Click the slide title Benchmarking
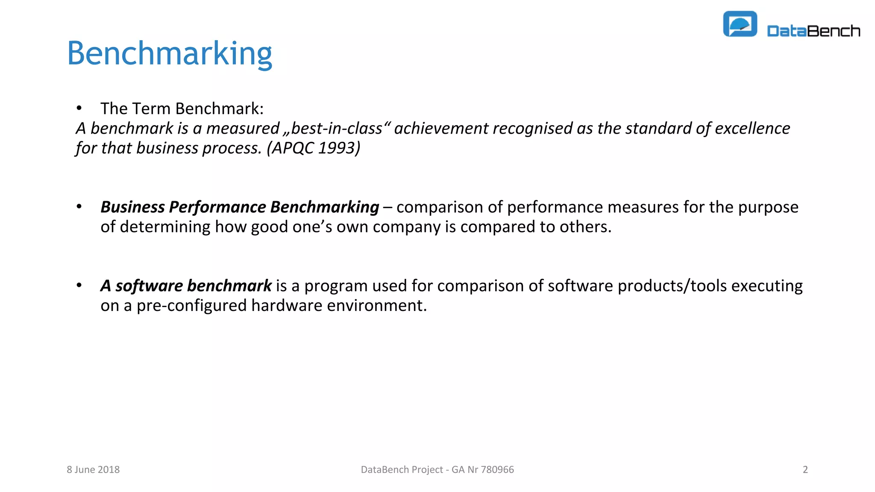point(170,53)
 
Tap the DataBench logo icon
point(740,24)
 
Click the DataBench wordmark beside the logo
point(813,31)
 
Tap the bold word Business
point(132,207)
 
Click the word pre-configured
point(192,305)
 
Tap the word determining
point(165,227)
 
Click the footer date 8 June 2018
point(93,469)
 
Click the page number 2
point(805,469)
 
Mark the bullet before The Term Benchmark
point(79,108)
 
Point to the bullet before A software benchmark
point(79,285)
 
